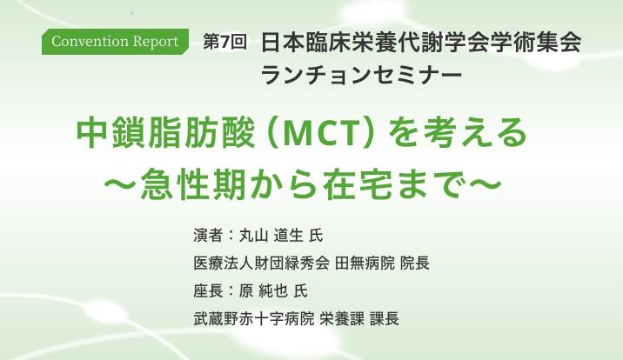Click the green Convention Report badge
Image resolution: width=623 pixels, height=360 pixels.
point(115,42)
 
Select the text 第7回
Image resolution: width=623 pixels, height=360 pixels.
point(224,42)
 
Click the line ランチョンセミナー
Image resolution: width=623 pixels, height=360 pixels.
point(362,75)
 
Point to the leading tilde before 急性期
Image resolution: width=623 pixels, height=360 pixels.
point(121,185)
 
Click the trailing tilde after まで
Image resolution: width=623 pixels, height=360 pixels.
point(484,185)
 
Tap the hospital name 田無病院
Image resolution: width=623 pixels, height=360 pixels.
point(365,263)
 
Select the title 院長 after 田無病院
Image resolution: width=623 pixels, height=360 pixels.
point(415,263)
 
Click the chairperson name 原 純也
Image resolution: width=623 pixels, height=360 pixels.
point(264,291)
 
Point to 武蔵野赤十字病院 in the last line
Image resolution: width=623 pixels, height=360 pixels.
point(254,319)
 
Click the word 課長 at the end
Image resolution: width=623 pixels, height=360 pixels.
point(385,319)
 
